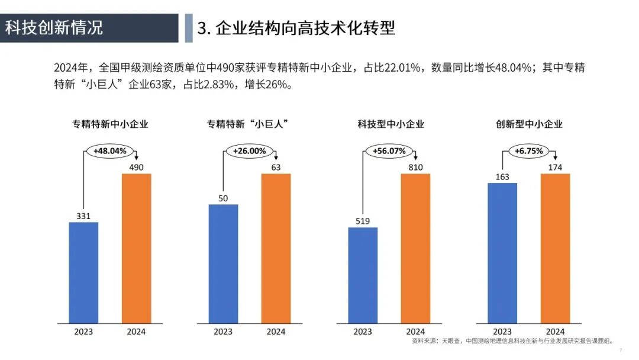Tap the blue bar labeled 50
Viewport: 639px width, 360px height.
click(223, 263)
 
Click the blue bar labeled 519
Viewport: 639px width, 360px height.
click(363, 275)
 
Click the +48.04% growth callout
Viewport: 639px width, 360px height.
click(110, 151)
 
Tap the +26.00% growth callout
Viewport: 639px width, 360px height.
click(249, 151)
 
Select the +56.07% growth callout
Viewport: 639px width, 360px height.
click(389, 151)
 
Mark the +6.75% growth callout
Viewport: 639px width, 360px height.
click(528, 151)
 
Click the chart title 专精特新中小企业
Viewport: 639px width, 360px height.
click(110, 124)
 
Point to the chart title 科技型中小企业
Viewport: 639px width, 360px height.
click(390, 124)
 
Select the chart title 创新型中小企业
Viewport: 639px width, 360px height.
click(529, 124)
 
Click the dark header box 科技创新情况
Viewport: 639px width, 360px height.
click(89, 28)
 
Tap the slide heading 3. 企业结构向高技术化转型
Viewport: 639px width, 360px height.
click(296, 28)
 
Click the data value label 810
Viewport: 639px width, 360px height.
click(415, 168)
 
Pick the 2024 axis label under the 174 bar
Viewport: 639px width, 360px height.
click(555, 332)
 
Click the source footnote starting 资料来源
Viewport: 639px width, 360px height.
click(512, 342)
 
